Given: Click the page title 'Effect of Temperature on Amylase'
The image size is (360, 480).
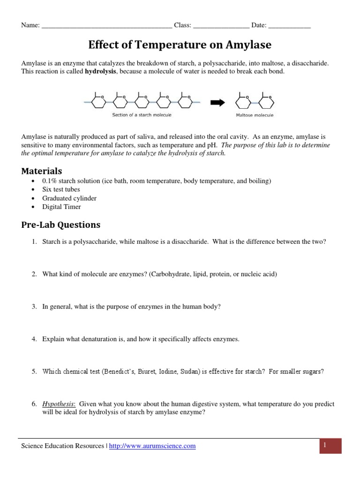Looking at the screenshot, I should point(180,45).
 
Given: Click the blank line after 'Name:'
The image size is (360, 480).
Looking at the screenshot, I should point(107,26).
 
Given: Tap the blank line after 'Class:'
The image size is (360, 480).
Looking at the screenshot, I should point(221,26).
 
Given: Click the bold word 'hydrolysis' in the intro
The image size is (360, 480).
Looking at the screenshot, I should point(100,72).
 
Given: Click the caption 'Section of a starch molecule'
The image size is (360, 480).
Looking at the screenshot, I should point(142,115).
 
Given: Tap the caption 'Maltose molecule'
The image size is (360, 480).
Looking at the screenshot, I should point(255,115).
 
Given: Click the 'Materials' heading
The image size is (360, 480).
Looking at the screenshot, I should point(42,171).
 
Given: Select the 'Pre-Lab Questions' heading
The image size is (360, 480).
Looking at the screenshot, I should point(61,225).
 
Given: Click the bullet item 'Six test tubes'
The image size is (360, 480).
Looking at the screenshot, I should point(61,189).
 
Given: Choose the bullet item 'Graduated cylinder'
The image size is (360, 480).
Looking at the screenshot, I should point(69,198).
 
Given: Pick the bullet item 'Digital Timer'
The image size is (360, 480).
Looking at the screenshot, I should point(61,207).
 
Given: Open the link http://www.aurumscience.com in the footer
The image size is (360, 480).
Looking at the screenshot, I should point(152,446).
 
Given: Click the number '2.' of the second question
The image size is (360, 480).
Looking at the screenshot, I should point(34,274).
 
